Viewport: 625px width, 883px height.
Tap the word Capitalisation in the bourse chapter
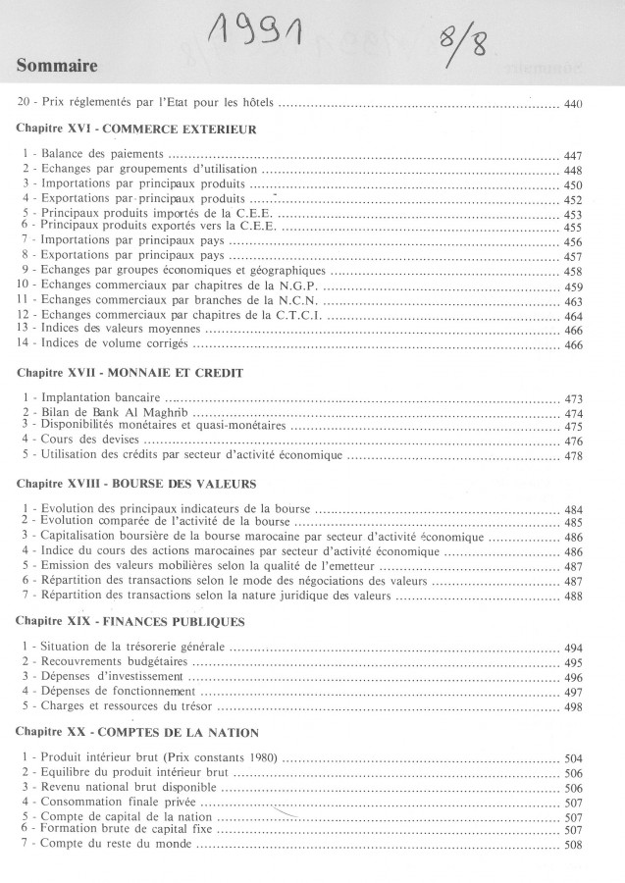click(84, 538)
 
